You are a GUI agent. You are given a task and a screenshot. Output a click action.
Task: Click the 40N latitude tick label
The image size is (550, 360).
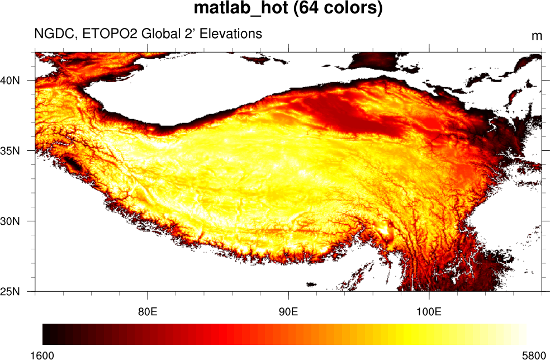point(11,80)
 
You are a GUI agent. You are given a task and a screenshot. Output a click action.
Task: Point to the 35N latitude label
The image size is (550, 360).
point(11,151)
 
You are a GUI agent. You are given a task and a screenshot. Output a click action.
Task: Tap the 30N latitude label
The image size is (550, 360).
point(11,221)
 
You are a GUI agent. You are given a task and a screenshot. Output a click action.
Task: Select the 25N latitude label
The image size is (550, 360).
point(11,291)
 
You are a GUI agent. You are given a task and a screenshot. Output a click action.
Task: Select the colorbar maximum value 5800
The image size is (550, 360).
point(534,354)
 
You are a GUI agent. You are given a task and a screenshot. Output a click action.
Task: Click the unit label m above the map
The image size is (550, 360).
point(537,36)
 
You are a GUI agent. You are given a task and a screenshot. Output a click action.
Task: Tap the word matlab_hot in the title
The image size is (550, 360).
point(235,10)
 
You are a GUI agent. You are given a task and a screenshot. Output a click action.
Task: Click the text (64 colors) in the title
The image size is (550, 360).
point(333,10)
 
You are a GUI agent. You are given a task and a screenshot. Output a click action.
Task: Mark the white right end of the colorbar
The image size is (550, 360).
point(523,334)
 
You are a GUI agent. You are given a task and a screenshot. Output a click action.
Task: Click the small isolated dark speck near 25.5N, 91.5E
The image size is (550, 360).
point(311,284)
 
